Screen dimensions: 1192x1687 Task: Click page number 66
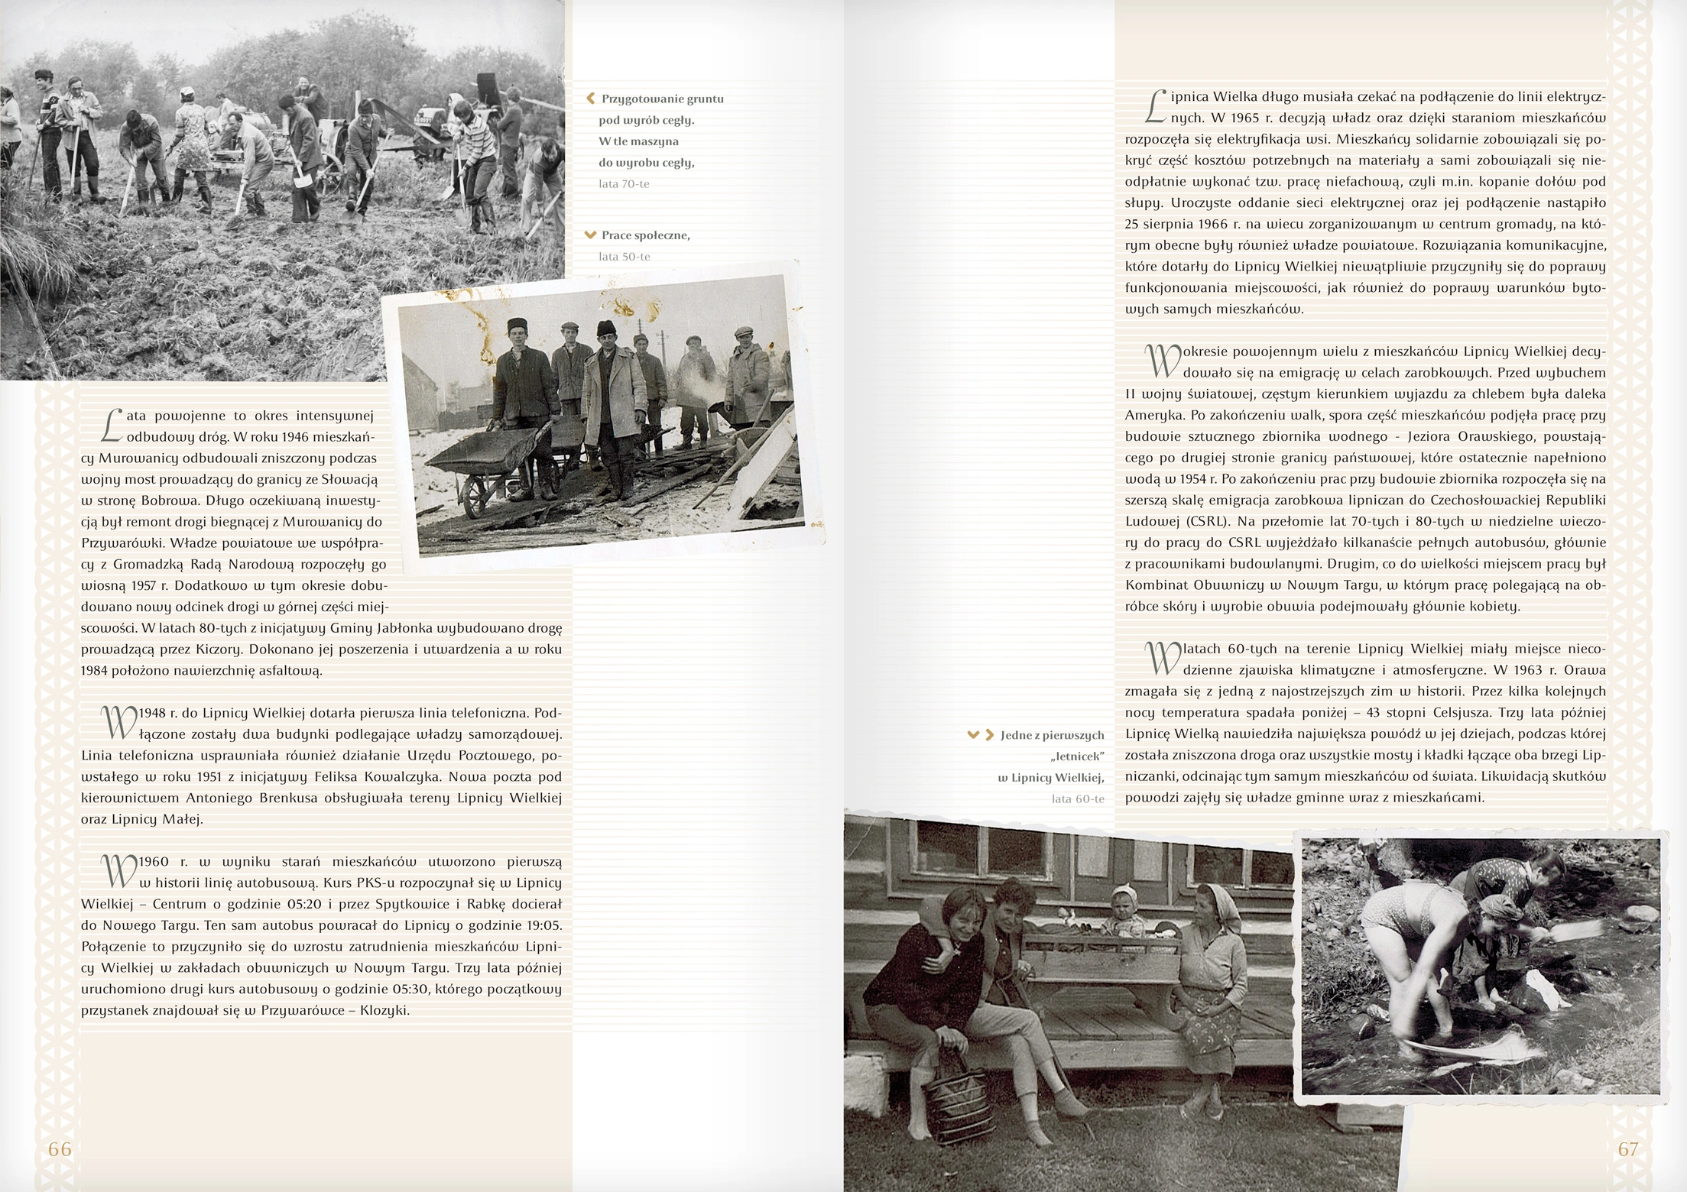pyautogui.click(x=60, y=1149)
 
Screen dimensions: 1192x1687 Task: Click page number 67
pyautogui.click(x=1628, y=1149)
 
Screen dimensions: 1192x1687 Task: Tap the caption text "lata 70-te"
pyautogui.click(x=624, y=184)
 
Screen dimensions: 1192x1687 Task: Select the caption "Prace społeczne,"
pyautogui.click(x=645, y=235)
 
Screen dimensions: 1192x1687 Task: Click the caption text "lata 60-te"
pyautogui.click(x=1078, y=799)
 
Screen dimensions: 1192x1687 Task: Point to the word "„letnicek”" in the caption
pyautogui.click(x=1077, y=756)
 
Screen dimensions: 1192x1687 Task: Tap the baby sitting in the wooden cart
pyautogui.click(x=1124, y=912)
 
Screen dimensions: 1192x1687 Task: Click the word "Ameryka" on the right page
pyautogui.click(x=1151, y=416)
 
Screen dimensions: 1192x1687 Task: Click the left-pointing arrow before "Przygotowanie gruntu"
pyautogui.click(x=590, y=99)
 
